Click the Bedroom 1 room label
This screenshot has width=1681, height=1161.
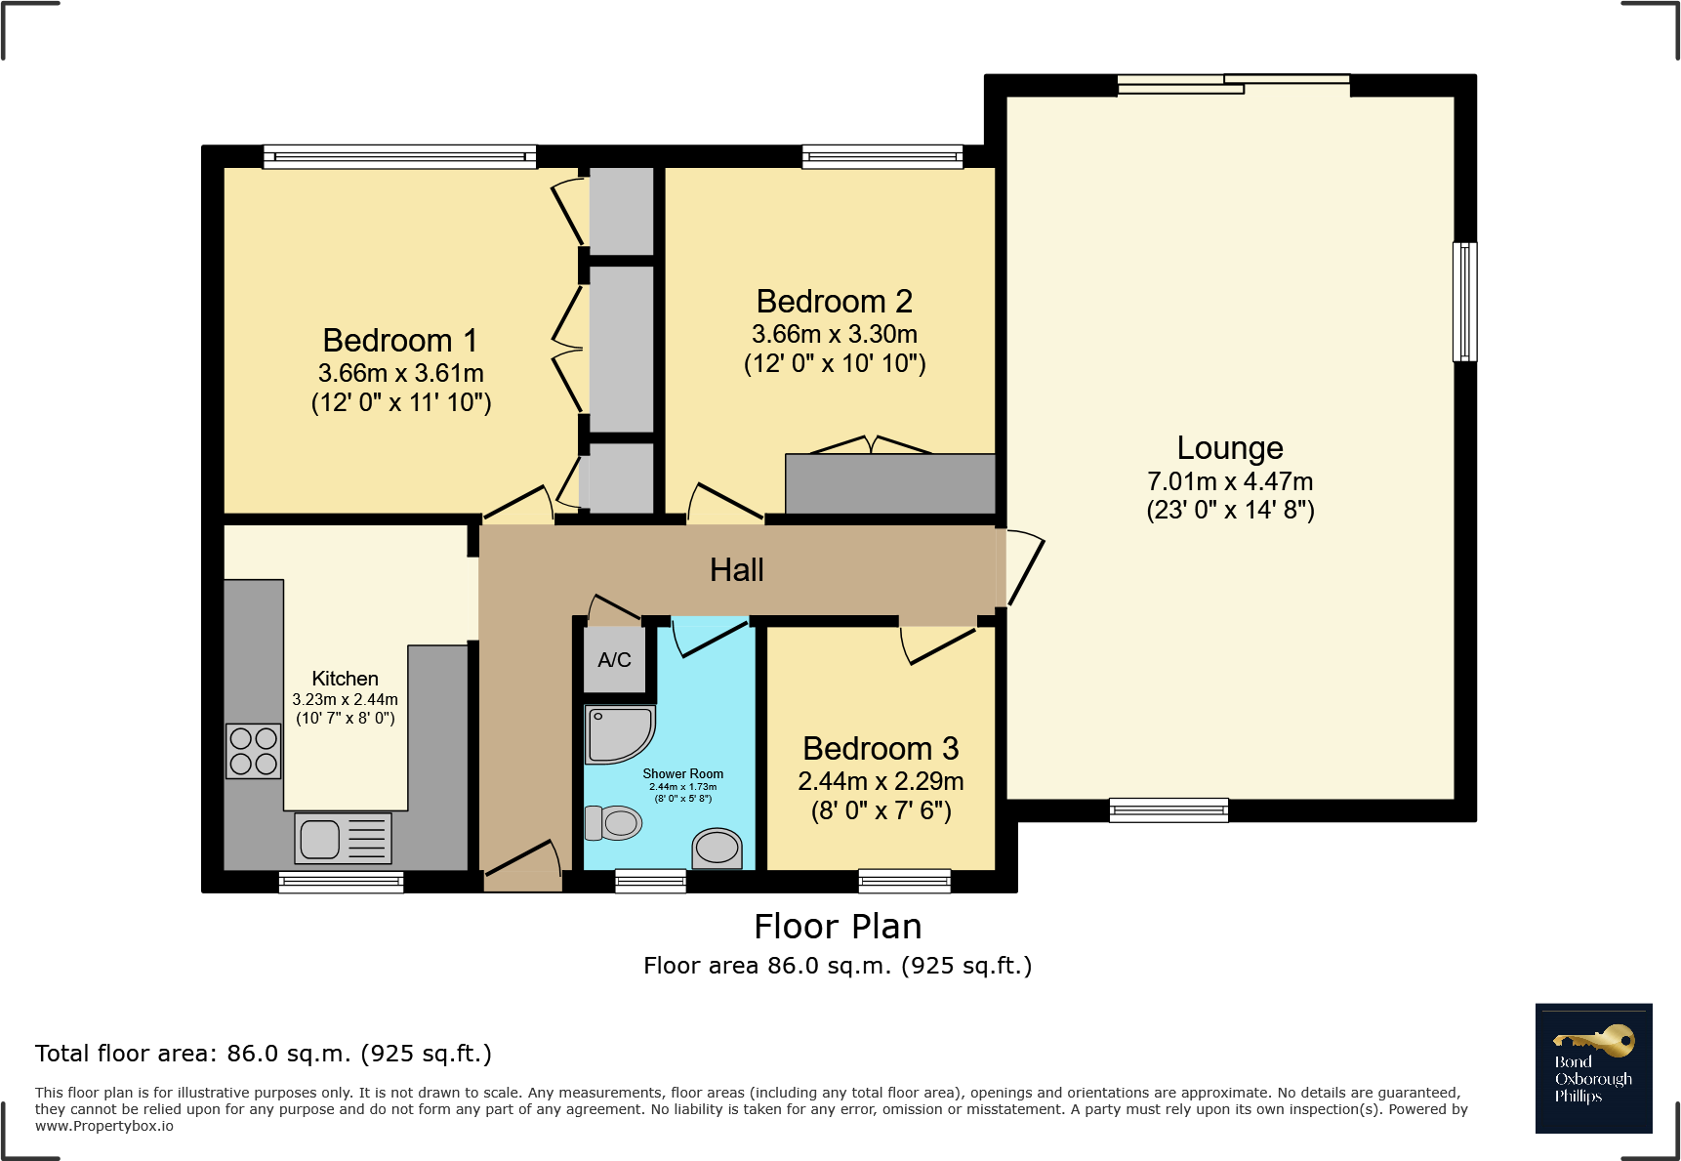tap(400, 340)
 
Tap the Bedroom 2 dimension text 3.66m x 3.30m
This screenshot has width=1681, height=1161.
tap(835, 334)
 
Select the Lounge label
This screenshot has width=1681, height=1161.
tap(1230, 447)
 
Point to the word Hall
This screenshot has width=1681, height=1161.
tap(737, 569)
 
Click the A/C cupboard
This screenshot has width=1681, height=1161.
tap(615, 659)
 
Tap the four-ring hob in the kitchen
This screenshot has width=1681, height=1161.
tap(254, 751)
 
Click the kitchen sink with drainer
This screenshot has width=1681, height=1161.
tap(343, 838)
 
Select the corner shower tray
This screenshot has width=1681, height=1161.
tap(620, 734)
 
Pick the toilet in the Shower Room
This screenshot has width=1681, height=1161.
tap(613, 823)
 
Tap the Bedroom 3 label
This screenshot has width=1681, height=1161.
tap(881, 748)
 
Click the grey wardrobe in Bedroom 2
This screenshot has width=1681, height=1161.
tap(890, 483)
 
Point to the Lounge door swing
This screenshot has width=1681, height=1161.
tap(1023, 567)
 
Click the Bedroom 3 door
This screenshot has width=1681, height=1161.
tap(937, 644)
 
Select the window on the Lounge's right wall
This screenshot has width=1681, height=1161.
tap(1464, 302)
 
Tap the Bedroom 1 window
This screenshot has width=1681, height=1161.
tap(400, 156)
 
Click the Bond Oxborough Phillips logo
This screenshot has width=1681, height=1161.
tap(1593, 1068)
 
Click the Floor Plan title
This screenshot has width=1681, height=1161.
tap(838, 926)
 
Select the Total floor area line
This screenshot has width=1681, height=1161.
tap(264, 1054)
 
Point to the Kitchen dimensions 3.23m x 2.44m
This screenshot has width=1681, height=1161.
tap(346, 699)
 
